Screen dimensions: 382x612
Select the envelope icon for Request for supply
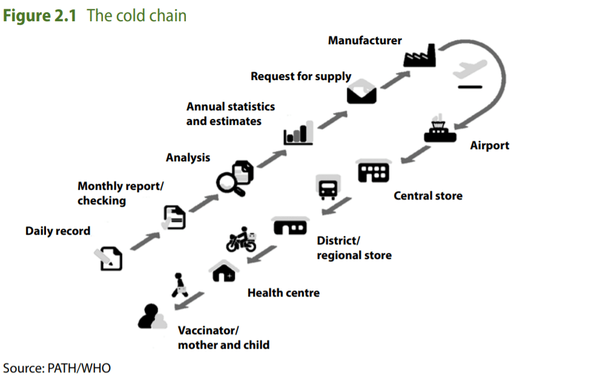(x=362, y=92)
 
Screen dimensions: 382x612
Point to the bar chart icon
(x=298, y=133)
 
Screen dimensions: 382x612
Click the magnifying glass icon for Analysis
(x=234, y=178)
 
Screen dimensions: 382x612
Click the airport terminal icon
(x=439, y=129)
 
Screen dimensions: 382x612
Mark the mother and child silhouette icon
(x=151, y=316)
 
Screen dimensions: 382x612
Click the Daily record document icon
(x=110, y=258)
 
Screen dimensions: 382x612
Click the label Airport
(x=490, y=146)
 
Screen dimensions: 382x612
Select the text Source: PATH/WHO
(x=57, y=367)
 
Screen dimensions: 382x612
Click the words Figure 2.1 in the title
(x=40, y=15)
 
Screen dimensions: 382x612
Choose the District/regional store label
(x=354, y=248)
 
